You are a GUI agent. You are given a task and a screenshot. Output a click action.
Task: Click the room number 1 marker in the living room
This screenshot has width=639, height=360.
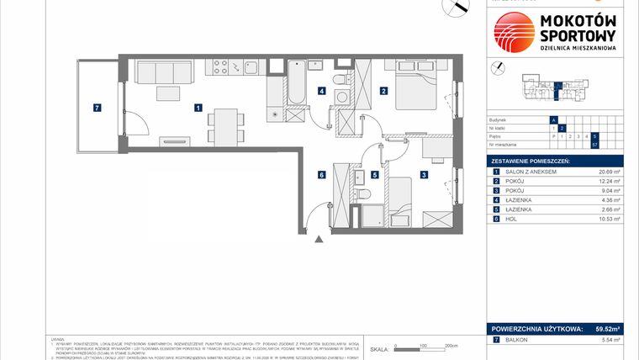(x=197, y=108)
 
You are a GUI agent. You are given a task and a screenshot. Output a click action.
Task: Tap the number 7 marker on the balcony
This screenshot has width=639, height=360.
(x=98, y=108)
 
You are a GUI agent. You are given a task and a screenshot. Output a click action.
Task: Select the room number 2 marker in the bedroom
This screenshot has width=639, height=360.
(x=383, y=91)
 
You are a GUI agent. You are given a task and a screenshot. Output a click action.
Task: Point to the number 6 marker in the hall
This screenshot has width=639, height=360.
(x=321, y=175)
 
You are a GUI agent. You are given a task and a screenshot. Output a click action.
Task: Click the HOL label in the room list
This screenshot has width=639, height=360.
(x=514, y=218)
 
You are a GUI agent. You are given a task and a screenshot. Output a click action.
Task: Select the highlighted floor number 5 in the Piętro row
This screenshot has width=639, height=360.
(x=594, y=135)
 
